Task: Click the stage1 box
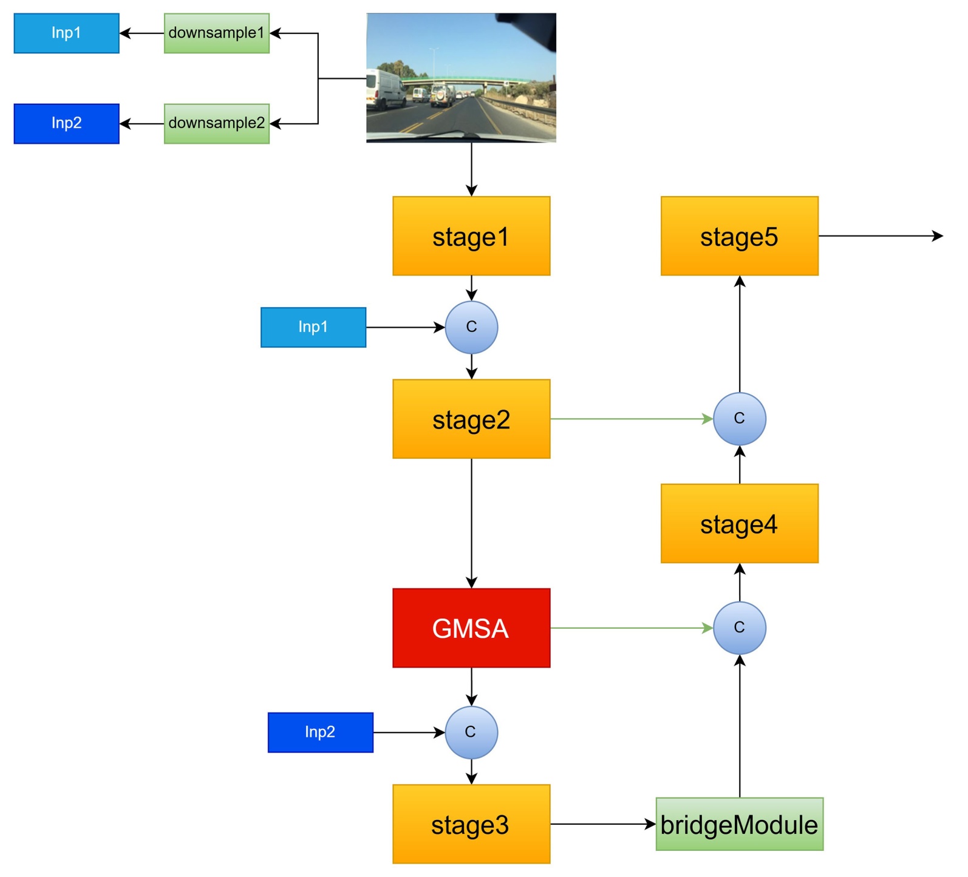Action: (471, 236)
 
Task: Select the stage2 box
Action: (471, 419)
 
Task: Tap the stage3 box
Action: (471, 824)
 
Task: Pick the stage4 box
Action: (739, 523)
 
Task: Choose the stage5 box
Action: (739, 236)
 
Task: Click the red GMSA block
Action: (471, 628)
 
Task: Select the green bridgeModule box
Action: (739, 824)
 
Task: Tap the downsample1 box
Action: (217, 33)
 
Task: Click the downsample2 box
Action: (217, 124)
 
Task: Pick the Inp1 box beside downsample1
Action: (67, 33)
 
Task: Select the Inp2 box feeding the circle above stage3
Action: (321, 733)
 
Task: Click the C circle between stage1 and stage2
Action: (472, 327)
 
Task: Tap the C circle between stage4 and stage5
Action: (739, 419)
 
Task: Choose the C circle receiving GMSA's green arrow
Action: (739, 628)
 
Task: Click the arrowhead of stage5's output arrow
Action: (938, 236)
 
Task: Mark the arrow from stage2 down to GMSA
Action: (472, 522)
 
